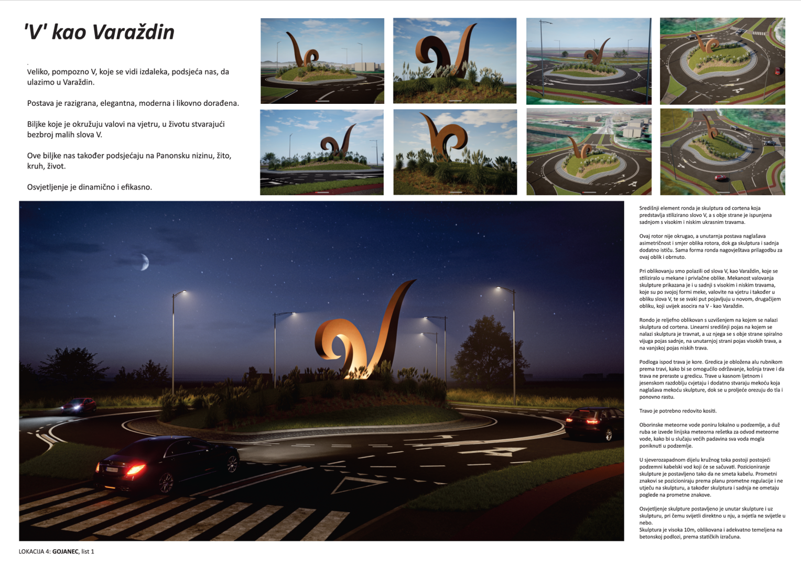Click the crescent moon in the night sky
pos(143,262)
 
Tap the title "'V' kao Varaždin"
pos(99,32)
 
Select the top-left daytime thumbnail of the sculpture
pos(322,61)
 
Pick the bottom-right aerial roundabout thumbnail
pos(722,152)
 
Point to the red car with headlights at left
pos(79,406)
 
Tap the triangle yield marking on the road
pos(357,485)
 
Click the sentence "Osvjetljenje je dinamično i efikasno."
pos(90,187)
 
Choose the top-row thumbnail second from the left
pos(454,61)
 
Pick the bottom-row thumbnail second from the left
pos(455,152)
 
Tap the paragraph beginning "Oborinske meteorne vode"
pos(709,436)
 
